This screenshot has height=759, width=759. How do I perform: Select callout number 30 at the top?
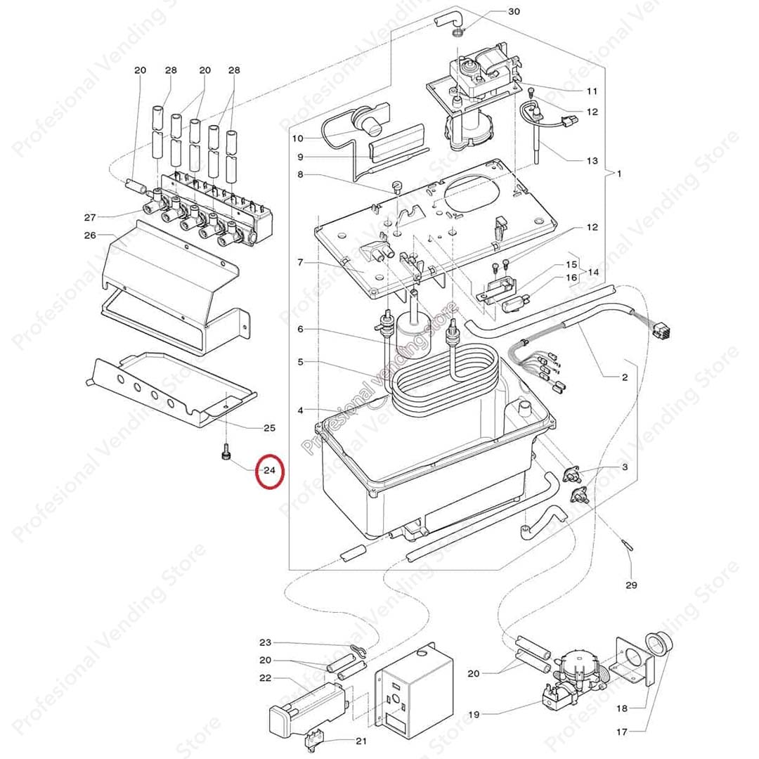514,12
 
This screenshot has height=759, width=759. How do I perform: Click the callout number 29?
631,585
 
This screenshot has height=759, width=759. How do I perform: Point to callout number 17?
622,732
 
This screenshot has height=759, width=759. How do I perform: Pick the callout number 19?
474,715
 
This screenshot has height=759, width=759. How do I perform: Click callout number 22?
265,678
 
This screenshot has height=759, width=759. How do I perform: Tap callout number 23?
265,642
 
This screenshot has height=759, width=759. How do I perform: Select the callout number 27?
90,216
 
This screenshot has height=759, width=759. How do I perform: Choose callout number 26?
90,235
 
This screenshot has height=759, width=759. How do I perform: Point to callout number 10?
298,138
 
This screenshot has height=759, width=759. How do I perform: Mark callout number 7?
300,262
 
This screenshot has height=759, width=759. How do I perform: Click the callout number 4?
300,410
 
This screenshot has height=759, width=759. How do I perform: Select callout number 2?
624,378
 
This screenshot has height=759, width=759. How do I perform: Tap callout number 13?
592,161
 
